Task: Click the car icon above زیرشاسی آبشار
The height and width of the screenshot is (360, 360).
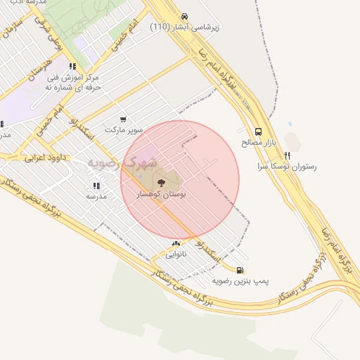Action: (x=184, y=16)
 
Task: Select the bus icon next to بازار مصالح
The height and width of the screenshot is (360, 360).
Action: (x=258, y=131)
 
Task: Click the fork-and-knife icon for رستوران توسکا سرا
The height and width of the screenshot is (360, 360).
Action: (x=287, y=155)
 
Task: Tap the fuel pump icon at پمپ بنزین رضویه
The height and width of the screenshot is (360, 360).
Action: (x=240, y=269)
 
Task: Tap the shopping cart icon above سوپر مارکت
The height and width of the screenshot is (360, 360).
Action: (x=124, y=120)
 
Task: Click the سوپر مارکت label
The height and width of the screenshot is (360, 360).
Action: (x=124, y=130)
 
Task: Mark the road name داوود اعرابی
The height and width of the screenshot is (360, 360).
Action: (x=46, y=157)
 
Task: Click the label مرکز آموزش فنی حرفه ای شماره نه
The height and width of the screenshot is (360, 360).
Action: (x=88, y=82)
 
